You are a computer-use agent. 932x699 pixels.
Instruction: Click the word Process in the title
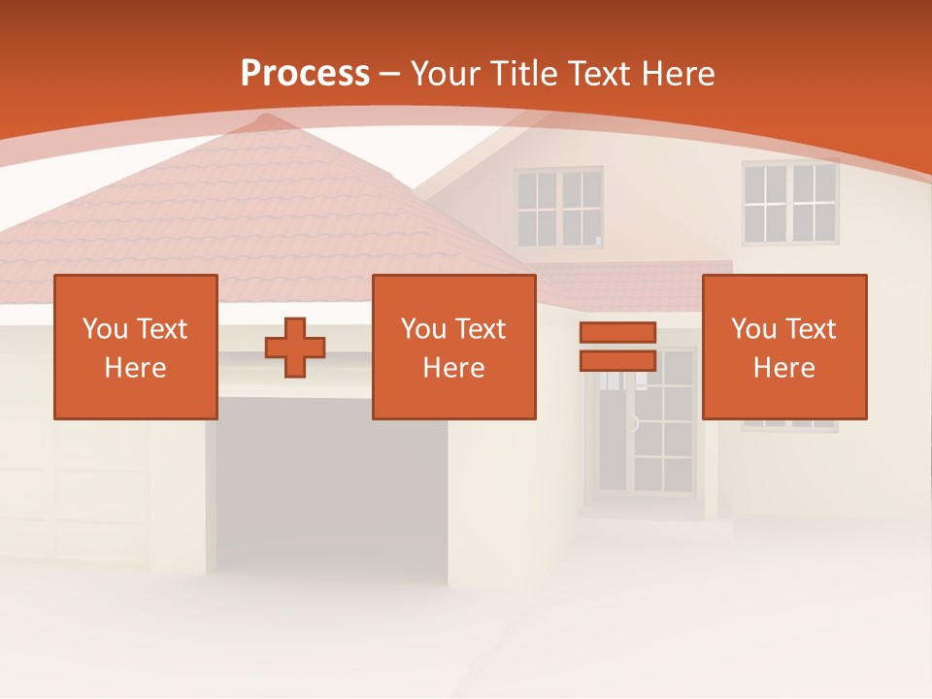pos(305,74)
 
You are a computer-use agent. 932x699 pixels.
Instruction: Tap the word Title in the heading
pos(523,74)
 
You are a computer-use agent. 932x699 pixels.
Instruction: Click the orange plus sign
pos(295,348)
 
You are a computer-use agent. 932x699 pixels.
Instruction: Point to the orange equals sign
pos(617,347)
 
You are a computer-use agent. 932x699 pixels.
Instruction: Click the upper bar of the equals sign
pos(617,333)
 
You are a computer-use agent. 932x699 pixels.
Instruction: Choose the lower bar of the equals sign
pos(617,361)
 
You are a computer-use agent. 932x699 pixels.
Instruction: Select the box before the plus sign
pos(136,347)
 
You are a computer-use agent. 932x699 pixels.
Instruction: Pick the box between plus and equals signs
pos(453,347)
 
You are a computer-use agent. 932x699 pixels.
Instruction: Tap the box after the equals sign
pos(784,347)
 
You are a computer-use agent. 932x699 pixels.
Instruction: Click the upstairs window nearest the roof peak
pos(558,208)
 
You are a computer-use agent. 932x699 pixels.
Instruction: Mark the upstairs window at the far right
pos(789,203)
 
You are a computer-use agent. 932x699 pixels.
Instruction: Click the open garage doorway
pos(331,485)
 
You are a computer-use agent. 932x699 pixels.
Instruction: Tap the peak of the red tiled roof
pos(260,120)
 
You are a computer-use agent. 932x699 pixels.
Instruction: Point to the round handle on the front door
pos(633,423)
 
